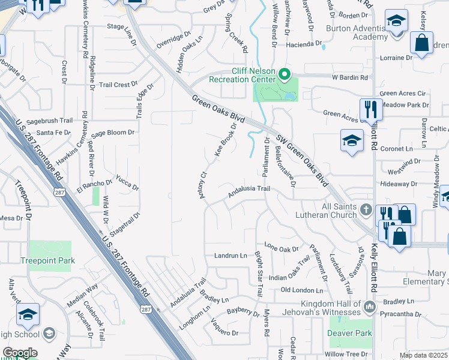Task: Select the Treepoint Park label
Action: point(47,260)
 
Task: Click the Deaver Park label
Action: point(351,333)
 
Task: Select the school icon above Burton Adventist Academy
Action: point(396,22)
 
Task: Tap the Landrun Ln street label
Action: point(231,256)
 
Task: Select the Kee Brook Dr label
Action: point(226,139)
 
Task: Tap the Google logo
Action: point(20,353)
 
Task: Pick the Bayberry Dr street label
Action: point(243,311)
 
